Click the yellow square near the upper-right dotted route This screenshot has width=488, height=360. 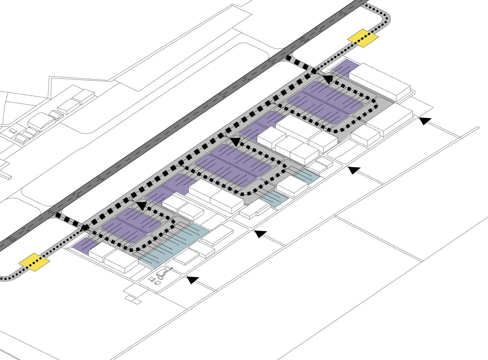pos(363,38)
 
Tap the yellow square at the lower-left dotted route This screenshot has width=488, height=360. pos(34,262)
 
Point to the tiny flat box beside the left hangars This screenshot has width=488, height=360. pos(13,131)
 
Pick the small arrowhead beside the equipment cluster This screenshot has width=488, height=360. pos(193,279)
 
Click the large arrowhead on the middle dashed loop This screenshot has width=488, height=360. pos(235,141)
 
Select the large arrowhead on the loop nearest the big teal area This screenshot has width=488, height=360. pos(141,205)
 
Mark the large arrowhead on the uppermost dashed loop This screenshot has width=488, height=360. pos(327,79)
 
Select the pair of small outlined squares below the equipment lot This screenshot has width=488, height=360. pos(133,300)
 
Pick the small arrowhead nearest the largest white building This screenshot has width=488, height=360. pos(424,120)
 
